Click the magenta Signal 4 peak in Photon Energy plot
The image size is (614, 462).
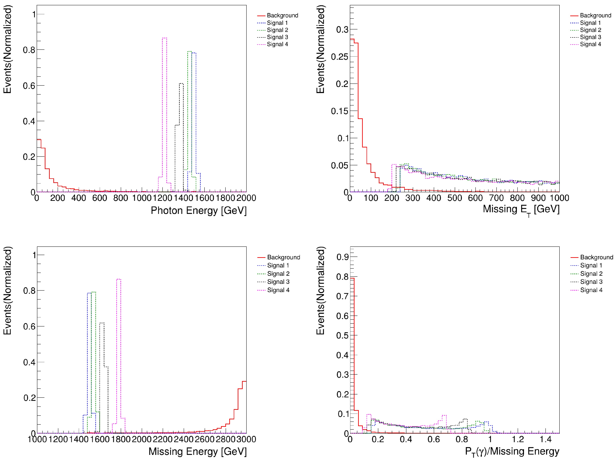pyautogui.click(x=164, y=38)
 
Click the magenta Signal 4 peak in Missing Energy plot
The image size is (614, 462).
pyautogui.click(x=119, y=279)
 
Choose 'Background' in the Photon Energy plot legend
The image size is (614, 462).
pyautogui.click(x=282, y=15)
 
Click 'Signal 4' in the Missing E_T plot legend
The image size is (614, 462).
pyautogui.click(x=590, y=44)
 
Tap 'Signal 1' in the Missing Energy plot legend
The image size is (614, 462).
pyautogui.click(x=278, y=265)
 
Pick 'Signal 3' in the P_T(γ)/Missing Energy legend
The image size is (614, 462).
pyautogui.click(x=591, y=282)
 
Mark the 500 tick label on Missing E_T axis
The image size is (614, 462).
pyautogui.click(x=454, y=198)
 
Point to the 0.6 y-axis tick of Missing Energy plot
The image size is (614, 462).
pyautogui.click(x=29, y=326)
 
